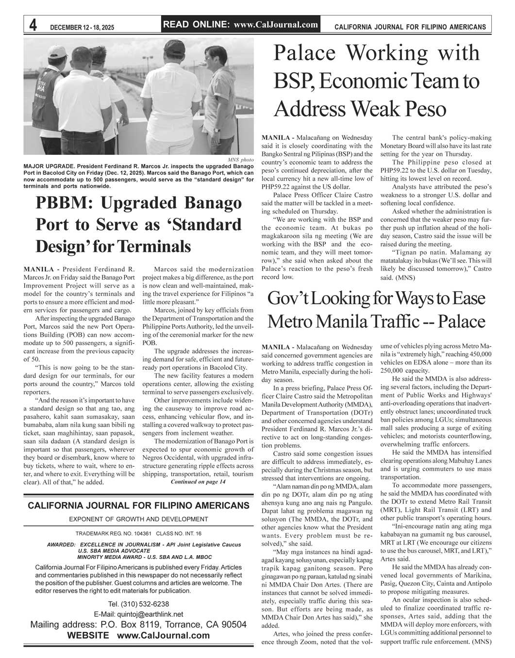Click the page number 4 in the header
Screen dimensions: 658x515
[33, 26]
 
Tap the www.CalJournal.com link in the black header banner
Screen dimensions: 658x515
[276, 25]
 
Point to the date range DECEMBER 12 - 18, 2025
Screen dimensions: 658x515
[82, 28]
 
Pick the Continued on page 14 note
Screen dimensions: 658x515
[198, 482]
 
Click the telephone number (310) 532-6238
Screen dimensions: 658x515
[138, 604]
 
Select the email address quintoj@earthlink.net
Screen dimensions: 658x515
[138, 614]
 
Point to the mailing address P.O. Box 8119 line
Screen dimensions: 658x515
[138, 625]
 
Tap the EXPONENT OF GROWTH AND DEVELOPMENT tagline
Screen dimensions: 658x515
[138, 519]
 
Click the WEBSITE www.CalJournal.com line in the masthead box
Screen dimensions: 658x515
[138, 635]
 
